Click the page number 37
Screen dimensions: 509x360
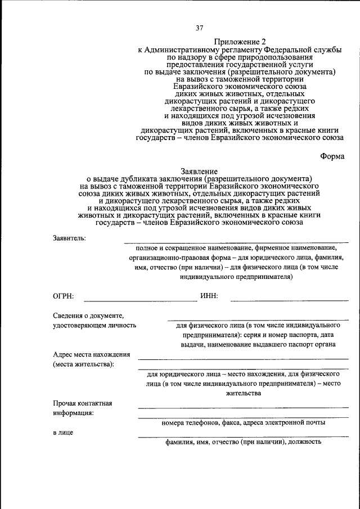coord(199,28)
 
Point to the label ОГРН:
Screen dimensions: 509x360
coord(63,296)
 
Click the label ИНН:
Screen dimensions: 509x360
coord(209,296)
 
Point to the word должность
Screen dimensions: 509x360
coord(304,442)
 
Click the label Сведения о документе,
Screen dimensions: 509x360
coord(88,316)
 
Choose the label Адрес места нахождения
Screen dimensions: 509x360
coord(92,354)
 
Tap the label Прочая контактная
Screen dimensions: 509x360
coord(83,403)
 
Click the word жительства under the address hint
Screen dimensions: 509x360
coord(244,394)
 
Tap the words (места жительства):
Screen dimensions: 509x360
coord(83,364)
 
